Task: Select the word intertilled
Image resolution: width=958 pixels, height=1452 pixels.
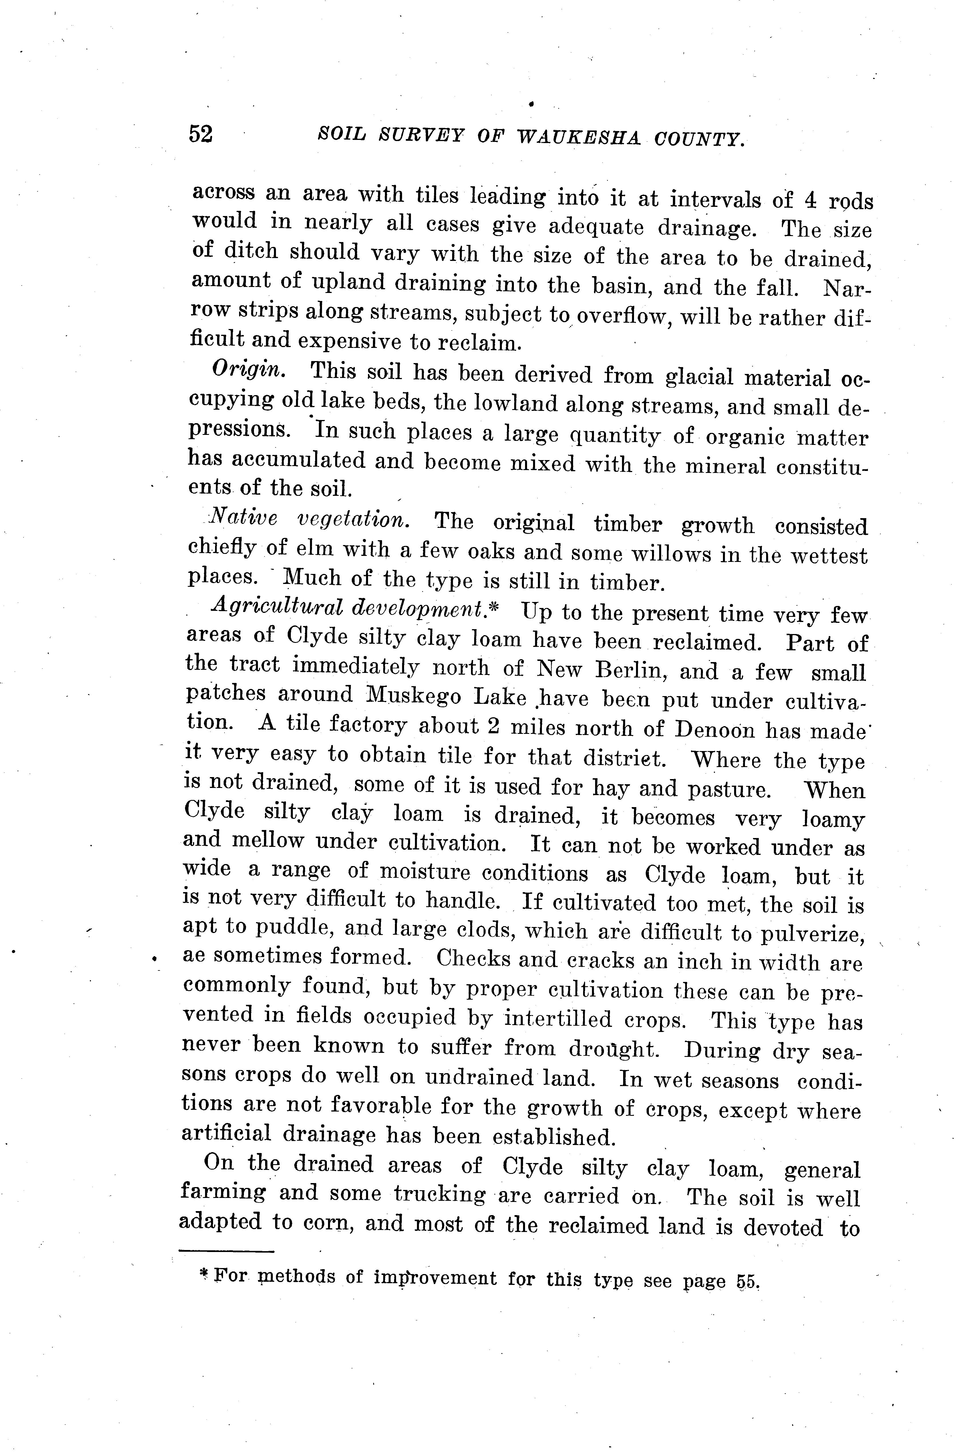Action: pyautogui.click(x=558, y=1019)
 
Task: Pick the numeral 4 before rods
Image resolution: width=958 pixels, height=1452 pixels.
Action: pyautogui.click(x=810, y=201)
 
